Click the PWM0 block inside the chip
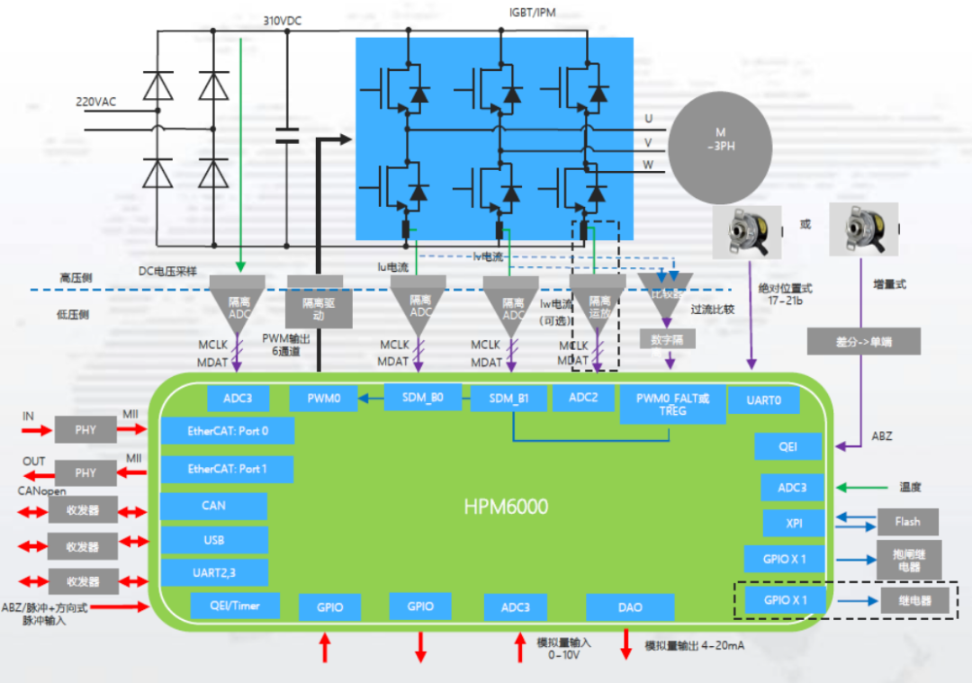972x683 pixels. [x=323, y=399]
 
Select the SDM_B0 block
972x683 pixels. [x=422, y=396]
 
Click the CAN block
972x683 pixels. [x=214, y=506]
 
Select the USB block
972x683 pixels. [x=214, y=540]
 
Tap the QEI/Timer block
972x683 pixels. [x=235, y=606]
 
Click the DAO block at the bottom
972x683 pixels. [x=630, y=607]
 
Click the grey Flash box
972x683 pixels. [x=907, y=522]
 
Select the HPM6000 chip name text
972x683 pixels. [x=506, y=507]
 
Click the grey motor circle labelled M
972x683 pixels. [x=720, y=144]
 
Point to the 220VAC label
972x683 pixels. [x=95, y=102]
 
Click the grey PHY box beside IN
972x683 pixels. [x=85, y=429]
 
